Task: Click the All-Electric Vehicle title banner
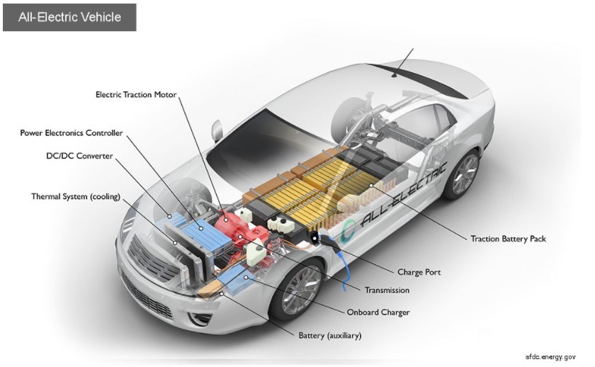coord(69,16)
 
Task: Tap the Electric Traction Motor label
coord(136,94)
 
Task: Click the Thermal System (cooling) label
coord(76,196)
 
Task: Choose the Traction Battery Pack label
coord(508,239)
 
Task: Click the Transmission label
coord(387,290)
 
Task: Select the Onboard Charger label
coord(378,312)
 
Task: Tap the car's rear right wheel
coord(464,174)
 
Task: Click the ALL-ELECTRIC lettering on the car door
coord(404,195)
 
